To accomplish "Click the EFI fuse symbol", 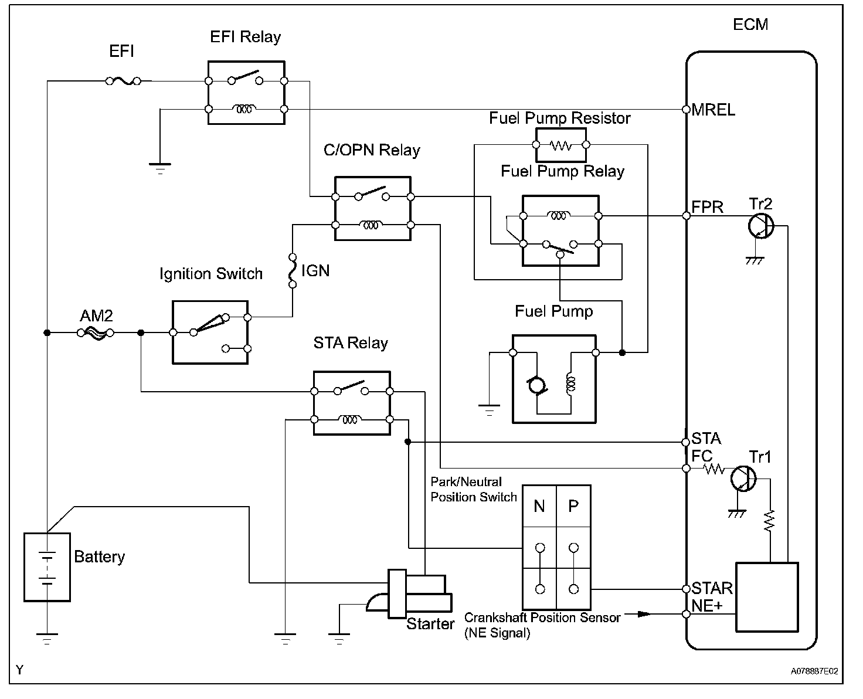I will click(x=123, y=81).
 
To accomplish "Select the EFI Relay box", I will click(x=246, y=93).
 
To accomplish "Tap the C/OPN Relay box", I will click(x=372, y=208).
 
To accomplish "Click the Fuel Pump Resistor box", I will click(x=560, y=145).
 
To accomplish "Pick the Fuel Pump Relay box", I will click(x=560, y=230).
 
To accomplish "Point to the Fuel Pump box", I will click(x=554, y=379).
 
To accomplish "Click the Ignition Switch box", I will click(x=210, y=332).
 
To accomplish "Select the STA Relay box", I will click(x=352, y=403).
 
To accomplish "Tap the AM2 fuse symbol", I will click(x=96, y=332).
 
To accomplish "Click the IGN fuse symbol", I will click(x=291, y=271).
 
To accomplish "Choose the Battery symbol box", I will click(x=47, y=567).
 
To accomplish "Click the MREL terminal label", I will click(x=713, y=110).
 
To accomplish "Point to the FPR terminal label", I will click(x=707, y=208).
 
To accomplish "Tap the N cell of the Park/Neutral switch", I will click(x=539, y=505).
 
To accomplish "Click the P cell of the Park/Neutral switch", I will click(x=573, y=505).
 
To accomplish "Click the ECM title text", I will click(x=750, y=25).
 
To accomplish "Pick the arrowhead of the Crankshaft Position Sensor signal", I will click(x=644, y=614).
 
